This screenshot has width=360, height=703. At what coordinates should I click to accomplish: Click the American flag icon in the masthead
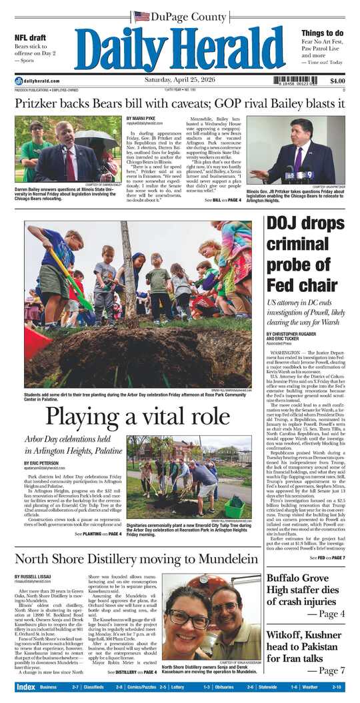pos(141,16)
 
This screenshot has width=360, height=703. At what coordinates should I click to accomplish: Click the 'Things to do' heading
pos(322,33)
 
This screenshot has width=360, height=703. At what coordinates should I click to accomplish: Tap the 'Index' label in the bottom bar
pos(25,686)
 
